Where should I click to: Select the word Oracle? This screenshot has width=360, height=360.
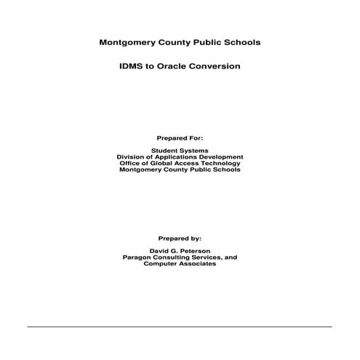click(x=174, y=66)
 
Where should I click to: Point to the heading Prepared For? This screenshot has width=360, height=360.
click(x=180, y=137)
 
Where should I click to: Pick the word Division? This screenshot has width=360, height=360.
click(x=130, y=157)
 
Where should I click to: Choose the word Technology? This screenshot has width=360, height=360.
click(x=221, y=164)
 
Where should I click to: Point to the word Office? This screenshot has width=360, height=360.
click(x=130, y=164)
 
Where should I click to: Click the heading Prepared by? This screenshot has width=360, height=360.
click(x=180, y=238)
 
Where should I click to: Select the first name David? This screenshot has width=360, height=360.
click(x=156, y=251)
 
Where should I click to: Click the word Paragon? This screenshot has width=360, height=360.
click(x=140, y=257)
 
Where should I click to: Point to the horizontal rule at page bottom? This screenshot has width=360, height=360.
click(x=180, y=327)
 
